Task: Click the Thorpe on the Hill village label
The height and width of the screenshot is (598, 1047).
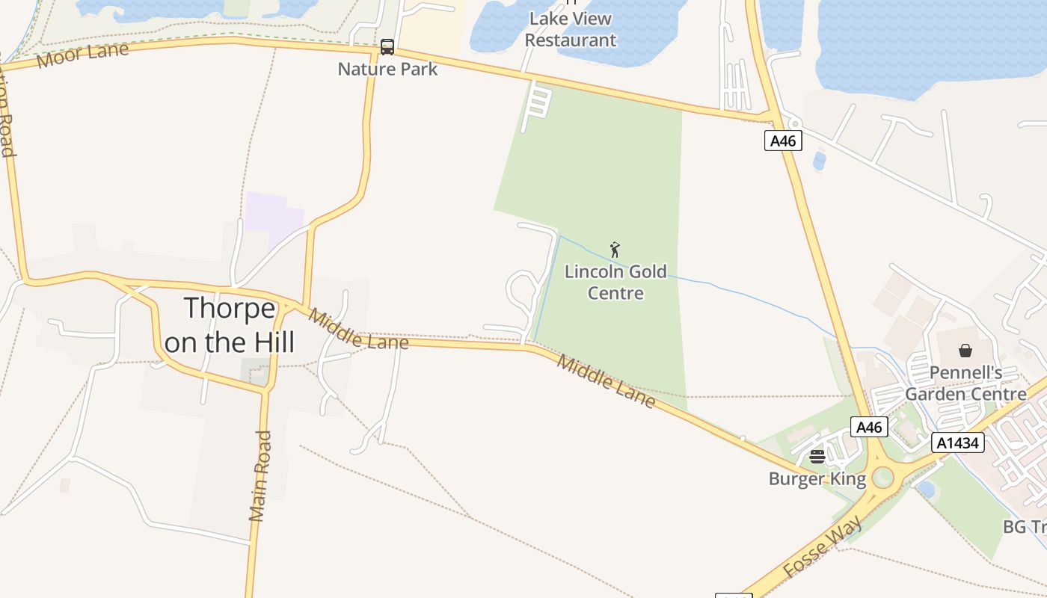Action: click(229, 325)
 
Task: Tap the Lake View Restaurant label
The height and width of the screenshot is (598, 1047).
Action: click(571, 29)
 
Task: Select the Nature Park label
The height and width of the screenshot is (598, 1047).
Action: click(387, 69)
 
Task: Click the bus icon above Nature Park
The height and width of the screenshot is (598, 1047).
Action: click(387, 47)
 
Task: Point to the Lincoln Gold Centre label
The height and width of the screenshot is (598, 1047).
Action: click(615, 282)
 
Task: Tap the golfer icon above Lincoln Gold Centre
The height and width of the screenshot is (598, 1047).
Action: click(615, 250)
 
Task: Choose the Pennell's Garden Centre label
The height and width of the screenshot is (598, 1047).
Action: click(965, 383)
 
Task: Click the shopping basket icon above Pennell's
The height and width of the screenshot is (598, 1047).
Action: click(965, 350)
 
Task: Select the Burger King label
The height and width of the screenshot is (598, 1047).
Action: click(817, 478)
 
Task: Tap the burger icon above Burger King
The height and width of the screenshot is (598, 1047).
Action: click(817, 456)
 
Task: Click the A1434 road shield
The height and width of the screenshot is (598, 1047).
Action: click(959, 443)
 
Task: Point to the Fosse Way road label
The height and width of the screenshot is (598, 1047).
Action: click(823, 546)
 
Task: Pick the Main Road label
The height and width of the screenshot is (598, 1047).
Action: click(260, 475)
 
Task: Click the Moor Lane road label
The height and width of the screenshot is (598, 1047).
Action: click(82, 55)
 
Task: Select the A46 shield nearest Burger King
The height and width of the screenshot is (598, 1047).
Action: click(869, 427)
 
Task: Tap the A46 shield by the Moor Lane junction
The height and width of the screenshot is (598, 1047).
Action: click(783, 140)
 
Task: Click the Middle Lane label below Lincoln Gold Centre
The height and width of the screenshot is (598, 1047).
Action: click(607, 382)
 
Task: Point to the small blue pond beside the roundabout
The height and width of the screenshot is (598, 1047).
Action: click(926, 490)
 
